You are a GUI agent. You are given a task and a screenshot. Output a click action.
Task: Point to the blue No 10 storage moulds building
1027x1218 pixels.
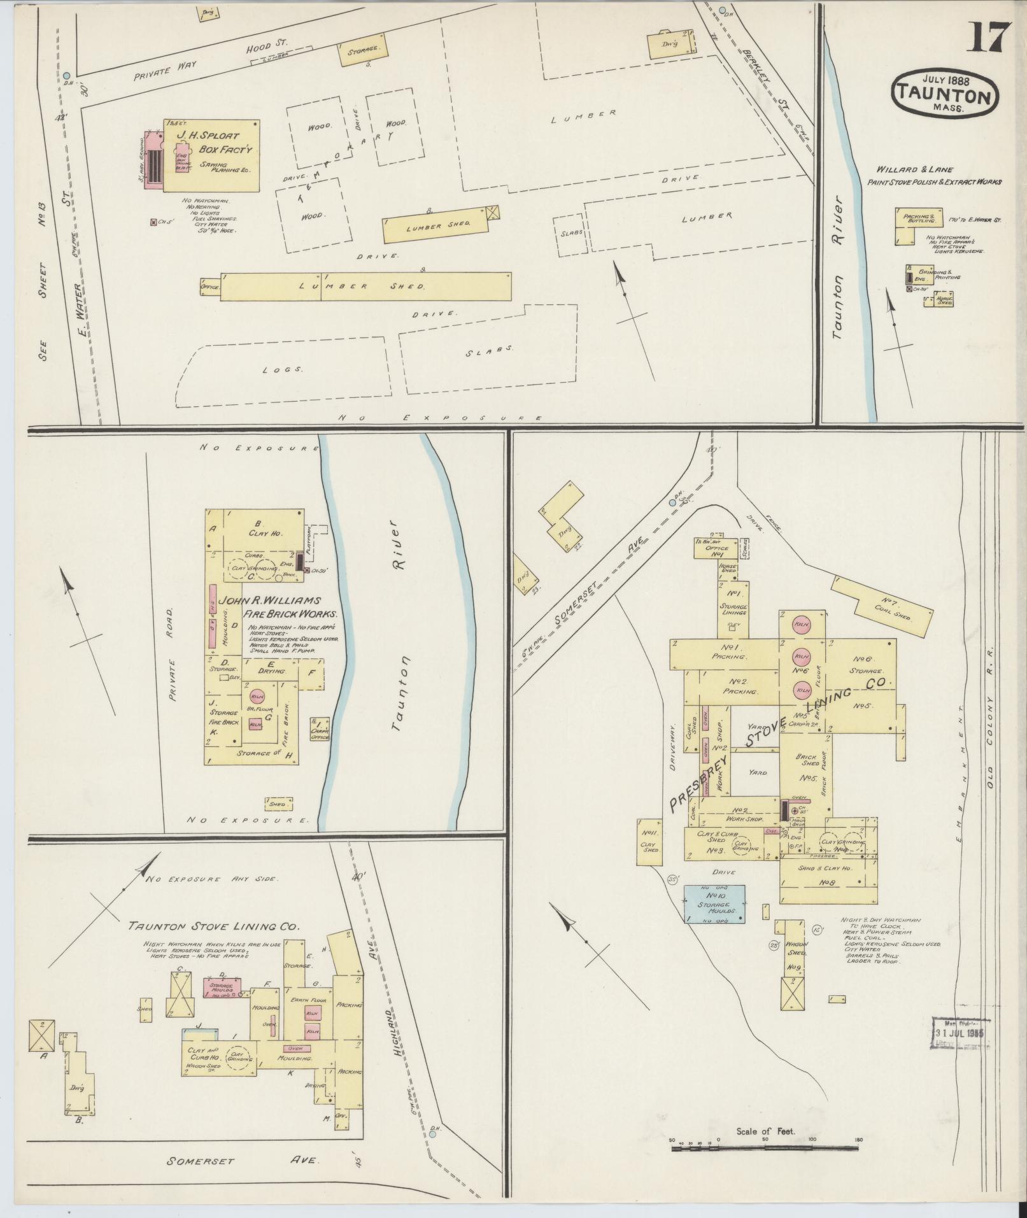(x=714, y=904)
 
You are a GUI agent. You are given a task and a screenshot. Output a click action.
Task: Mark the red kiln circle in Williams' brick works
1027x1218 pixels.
(x=257, y=695)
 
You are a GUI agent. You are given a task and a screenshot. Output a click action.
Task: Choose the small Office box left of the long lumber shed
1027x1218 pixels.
(x=209, y=287)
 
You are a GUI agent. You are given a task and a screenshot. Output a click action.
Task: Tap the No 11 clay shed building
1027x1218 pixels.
(x=649, y=842)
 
